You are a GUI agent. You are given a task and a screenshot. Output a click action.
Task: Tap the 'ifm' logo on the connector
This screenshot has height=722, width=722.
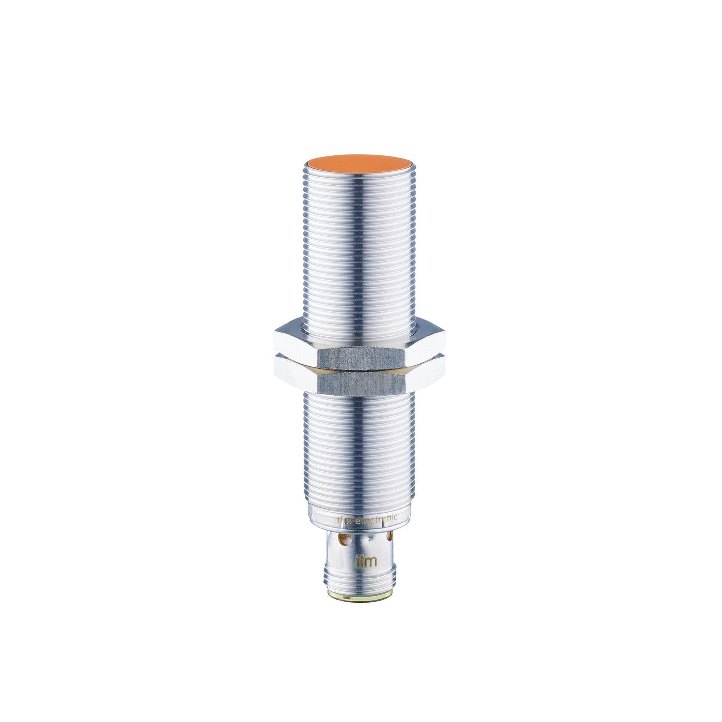[365, 561]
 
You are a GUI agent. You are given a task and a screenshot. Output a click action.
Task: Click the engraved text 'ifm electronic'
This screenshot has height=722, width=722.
[367, 519]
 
